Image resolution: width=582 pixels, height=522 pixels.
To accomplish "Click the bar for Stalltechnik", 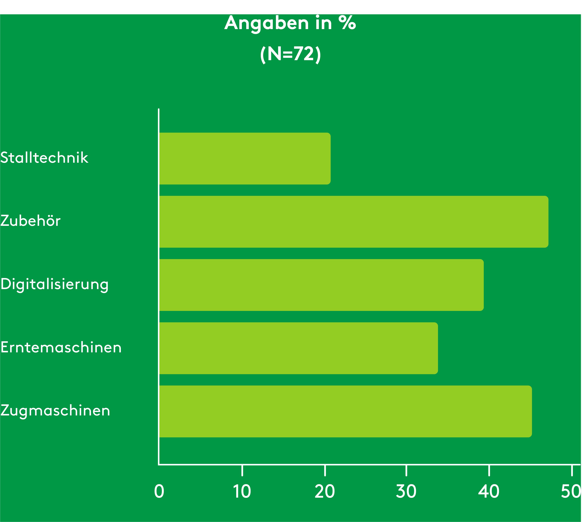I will click(x=245, y=158).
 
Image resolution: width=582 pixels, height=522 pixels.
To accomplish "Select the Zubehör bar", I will click(x=353, y=222).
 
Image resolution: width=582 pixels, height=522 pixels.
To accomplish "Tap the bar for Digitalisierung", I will click(x=321, y=285).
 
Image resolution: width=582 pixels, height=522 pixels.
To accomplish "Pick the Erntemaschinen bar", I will click(x=298, y=348).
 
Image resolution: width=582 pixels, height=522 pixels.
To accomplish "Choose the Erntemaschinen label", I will click(x=61, y=347).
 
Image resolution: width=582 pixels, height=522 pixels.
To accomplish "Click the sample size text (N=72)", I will click(x=290, y=54).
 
